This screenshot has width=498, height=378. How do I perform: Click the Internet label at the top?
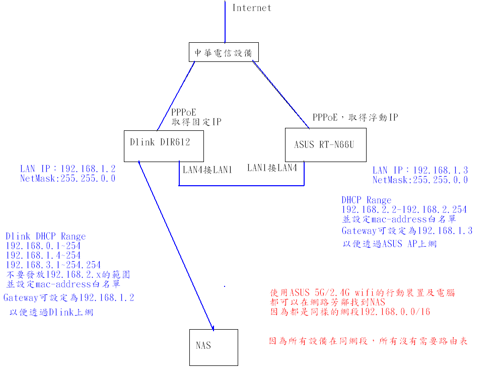(x=251, y=8)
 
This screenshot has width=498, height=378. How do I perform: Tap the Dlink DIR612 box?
(x=160, y=142)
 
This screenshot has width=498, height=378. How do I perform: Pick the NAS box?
(x=213, y=346)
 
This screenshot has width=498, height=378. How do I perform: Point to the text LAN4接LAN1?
(x=207, y=170)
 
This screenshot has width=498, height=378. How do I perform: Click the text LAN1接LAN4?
(x=272, y=168)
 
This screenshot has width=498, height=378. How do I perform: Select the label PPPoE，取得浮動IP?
(x=355, y=117)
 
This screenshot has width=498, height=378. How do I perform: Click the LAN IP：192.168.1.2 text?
(x=68, y=169)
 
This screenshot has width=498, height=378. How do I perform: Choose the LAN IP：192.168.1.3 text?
(x=420, y=171)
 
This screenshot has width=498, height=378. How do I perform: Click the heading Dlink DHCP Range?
(x=46, y=236)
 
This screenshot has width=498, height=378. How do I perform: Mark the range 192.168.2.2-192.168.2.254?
(x=404, y=209)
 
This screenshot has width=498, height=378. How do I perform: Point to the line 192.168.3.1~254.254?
(x=53, y=265)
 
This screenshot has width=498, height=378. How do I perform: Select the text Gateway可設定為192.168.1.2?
(x=69, y=297)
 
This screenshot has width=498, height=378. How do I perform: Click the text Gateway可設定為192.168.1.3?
(x=407, y=231)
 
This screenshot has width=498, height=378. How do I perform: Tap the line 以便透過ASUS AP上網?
(x=390, y=244)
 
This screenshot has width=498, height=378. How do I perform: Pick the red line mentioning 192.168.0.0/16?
(x=350, y=312)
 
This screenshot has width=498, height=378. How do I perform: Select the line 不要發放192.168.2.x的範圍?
(x=68, y=274)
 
